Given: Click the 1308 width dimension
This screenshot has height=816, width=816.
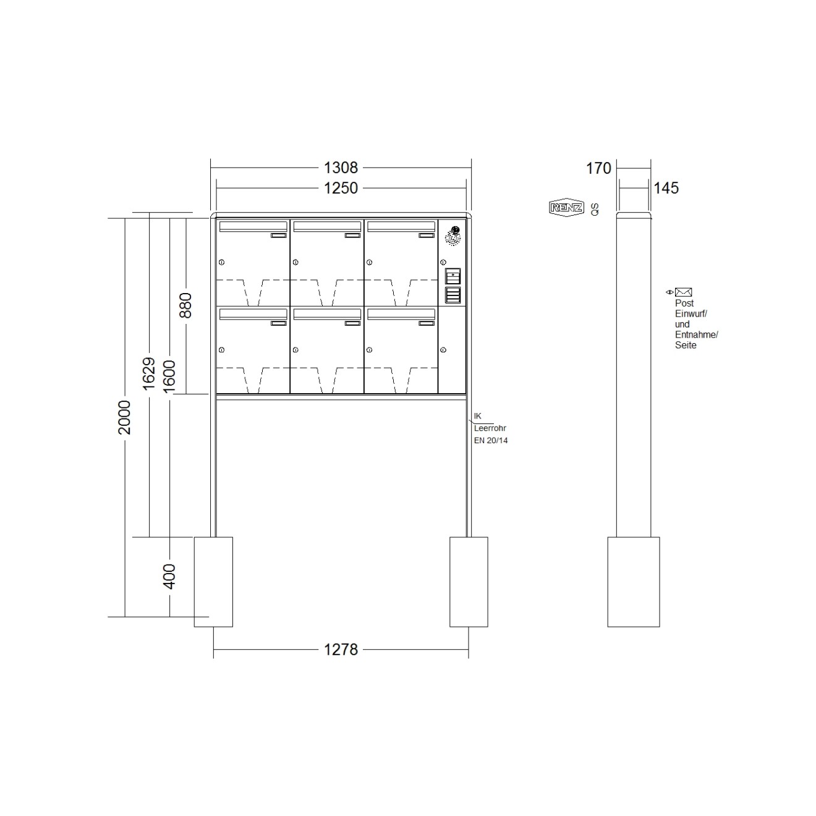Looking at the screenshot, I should [x=341, y=168].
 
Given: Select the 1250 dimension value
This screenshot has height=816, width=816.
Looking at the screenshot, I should [x=341, y=188].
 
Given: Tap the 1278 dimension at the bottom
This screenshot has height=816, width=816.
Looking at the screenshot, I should [x=341, y=650].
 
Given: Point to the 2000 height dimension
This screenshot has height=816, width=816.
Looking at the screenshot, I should [x=125, y=417].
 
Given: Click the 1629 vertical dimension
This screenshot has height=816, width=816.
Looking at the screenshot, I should [x=148, y=373].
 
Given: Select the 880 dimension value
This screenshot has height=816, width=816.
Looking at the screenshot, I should [x=185, y=305].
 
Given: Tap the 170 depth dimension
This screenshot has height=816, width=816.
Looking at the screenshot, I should [x=598, y=168].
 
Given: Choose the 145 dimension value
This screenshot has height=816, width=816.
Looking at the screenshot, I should [x=666, y=188].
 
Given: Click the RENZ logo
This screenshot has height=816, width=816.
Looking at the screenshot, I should [x=566, y=208].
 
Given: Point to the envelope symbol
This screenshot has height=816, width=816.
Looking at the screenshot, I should [x=683, y=292].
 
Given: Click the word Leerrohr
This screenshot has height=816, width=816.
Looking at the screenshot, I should [x=490, y=428].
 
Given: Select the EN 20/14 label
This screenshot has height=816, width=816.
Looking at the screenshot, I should [x=491, y=441].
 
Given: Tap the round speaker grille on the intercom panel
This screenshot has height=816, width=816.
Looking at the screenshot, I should [x=453, y=236].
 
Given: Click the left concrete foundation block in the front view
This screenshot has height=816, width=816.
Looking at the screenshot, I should [x=213, y=582].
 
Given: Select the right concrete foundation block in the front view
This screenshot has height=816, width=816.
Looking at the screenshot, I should [x=469, y=582].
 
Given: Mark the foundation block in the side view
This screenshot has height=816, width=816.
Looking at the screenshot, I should [x=634, y=582].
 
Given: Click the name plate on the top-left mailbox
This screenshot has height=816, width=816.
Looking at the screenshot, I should [x=279, y=235].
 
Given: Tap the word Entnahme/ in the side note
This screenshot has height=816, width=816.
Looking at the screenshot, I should [x=696, y=334].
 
